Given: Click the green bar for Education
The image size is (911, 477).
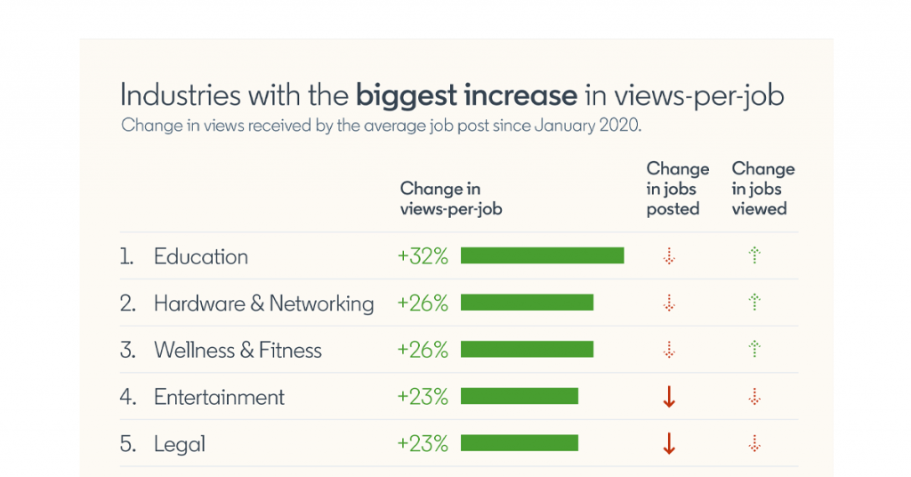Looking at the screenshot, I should coord(542,256).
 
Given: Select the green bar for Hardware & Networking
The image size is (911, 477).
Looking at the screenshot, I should coord(527,303).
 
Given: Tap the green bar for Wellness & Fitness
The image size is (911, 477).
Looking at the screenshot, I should coord(527,350).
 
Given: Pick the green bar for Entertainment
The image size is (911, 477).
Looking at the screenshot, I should coord(520,397).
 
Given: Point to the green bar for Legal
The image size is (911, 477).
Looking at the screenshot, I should coord(520,443).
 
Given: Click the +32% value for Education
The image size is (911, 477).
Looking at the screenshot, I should coord(423,256).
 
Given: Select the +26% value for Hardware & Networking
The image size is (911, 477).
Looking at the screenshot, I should coord(423,303).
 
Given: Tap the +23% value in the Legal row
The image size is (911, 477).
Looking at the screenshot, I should coord(423,443).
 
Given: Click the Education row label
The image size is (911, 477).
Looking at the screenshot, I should coord(201,256).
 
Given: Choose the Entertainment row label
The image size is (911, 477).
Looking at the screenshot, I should coord(219,397).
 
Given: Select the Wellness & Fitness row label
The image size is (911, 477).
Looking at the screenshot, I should coord(238,350).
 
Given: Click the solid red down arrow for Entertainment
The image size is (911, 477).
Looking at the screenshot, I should coord(670,398).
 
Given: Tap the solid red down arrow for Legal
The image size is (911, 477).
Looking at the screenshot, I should coord(670,444).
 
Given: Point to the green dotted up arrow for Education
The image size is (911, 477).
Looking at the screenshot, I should coord(755,256).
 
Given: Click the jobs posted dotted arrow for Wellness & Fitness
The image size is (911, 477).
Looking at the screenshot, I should coord(670,350).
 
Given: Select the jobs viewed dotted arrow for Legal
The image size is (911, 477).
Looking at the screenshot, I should coord(755,443).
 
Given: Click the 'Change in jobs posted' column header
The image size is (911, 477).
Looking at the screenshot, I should coord(677,189).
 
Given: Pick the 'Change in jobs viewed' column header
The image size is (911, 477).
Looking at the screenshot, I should coord(762,189).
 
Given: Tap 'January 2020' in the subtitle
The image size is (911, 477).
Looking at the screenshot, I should coord(587,125).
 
